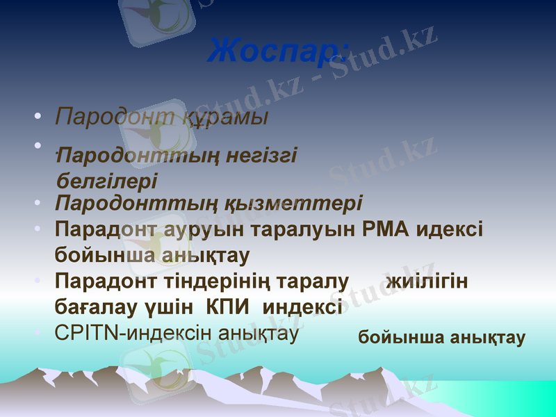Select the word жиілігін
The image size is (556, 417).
pyautogui.click(x=426, y=281)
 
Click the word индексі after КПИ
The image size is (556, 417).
pyautogui.click(x=304, y=306)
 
